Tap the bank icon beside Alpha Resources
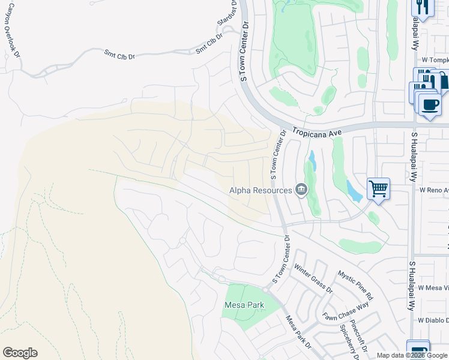pyautogui.click(x=301, y=190)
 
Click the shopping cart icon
pyautogui.click(x=378, y=189)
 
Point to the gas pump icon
pyautogui.click(x=418, y=350)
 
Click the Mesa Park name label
pyautogui.click(x=244, y=305)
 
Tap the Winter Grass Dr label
pyautogui.click(x=312, y=281)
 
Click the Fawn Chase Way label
pyautogui.click(x=345, y=313)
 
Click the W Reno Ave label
pyautogui.click(x=433, y=190)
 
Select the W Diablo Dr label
pyautogui.click(x=433, y=320)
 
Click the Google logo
pyautogui.click(x=20, y=353)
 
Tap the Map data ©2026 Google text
pyautogui.click(x=412, y=355)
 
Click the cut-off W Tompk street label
pyautogui.click(x=435, y=60)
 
